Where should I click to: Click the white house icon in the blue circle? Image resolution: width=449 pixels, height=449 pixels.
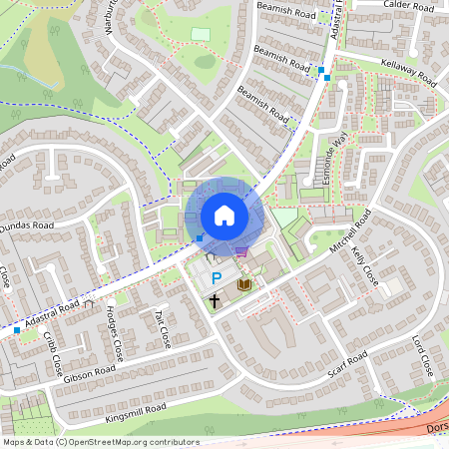224,215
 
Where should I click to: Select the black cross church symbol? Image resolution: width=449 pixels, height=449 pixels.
214,300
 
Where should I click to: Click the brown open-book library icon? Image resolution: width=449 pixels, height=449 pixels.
243,285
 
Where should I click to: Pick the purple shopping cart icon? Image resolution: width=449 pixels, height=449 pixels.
240,252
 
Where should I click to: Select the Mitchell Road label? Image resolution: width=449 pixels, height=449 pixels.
349,230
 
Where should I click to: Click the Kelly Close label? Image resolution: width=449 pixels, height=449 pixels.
363,264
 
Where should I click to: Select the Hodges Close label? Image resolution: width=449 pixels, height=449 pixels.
116,333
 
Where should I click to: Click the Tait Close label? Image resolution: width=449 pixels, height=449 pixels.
162,328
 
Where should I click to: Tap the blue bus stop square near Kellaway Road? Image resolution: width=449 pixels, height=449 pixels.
322,71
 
